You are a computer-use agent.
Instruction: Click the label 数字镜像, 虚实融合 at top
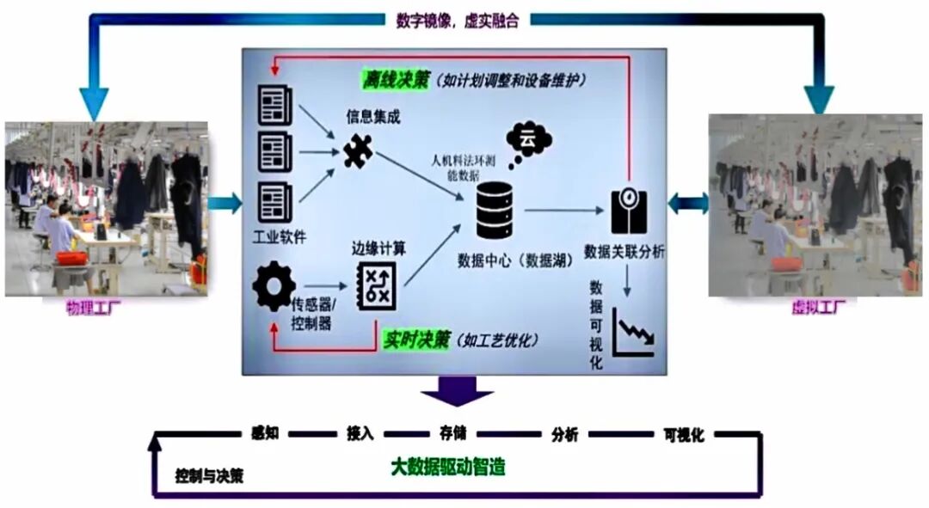[457, 20]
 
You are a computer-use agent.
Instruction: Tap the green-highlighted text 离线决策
[394, 79]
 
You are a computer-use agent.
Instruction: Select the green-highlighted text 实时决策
[416, 340]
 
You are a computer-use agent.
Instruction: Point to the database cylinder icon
[494, 211]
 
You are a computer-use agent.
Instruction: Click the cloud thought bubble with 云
[528, 140]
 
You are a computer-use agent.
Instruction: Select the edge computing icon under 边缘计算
[377, 287]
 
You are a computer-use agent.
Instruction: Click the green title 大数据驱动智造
[448, 467]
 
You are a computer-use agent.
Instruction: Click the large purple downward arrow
[456, 392]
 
